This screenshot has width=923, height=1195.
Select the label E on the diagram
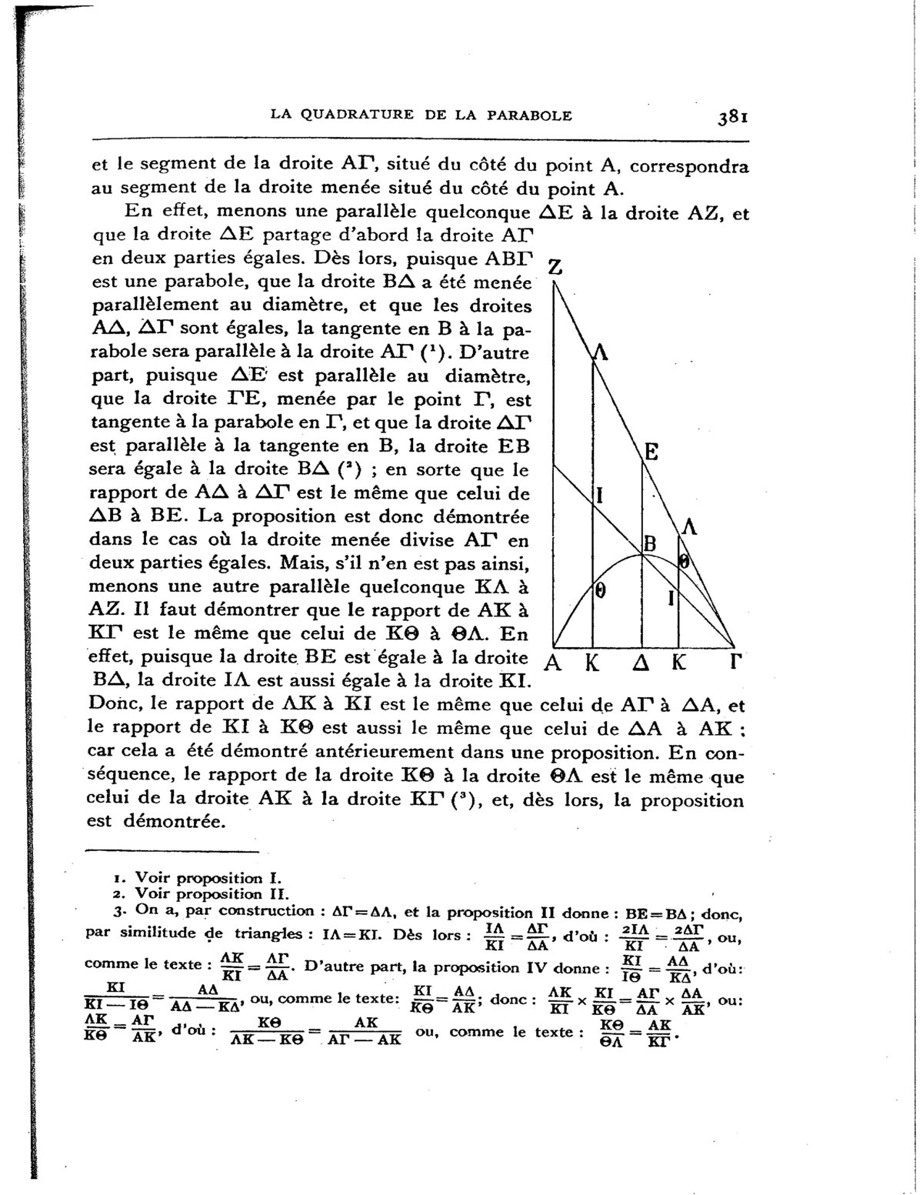[x=651, y=452]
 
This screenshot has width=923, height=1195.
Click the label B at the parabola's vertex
[x=649, y=544]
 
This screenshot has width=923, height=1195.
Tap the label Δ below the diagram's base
[x=641, y=663]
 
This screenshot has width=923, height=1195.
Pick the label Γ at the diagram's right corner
[x=735, y=663]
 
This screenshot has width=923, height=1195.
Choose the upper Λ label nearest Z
[x=600, y=353]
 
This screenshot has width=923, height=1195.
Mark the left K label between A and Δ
[x=591, y=663]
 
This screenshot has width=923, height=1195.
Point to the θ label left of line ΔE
[x=602, y=591]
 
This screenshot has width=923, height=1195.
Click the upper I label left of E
[x=600, y=494]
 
